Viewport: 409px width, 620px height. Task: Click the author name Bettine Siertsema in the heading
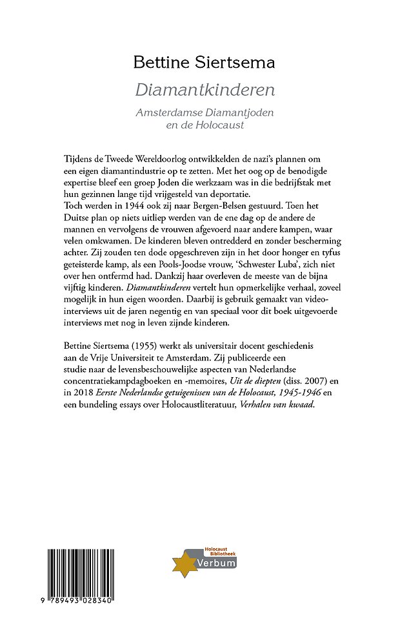[x=204, y=63]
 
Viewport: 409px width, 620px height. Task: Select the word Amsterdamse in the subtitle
[x=169, y=112]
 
